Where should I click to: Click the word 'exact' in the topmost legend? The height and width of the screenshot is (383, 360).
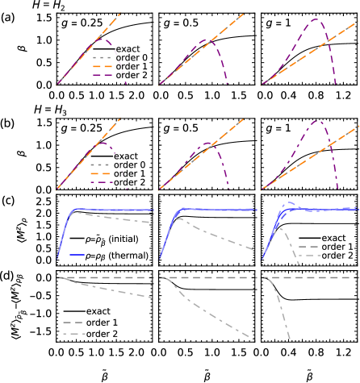(128, 49)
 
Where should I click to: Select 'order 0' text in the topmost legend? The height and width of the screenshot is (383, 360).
(130, 58)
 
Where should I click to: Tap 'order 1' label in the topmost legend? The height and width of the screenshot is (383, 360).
(130, 67)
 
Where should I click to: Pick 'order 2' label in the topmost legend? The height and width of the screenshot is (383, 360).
(130, 76)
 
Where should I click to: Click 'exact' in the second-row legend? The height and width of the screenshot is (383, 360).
(126, 156)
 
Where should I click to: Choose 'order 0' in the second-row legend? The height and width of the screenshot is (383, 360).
(130, 164)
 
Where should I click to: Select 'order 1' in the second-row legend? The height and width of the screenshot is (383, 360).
(130, 173)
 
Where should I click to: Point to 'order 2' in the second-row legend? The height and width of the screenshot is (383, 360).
(130, 182)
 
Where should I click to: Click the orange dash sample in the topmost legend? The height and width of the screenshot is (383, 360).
(102, 67)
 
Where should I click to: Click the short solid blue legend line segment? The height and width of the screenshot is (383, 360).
(77, 255)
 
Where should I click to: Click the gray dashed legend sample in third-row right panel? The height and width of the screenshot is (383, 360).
(309, 247)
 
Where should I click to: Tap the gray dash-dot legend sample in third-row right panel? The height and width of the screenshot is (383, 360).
(309, 256)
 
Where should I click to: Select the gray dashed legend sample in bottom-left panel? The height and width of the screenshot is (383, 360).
(73, 323)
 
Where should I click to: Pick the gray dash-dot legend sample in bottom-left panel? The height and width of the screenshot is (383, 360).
(73, 333)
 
